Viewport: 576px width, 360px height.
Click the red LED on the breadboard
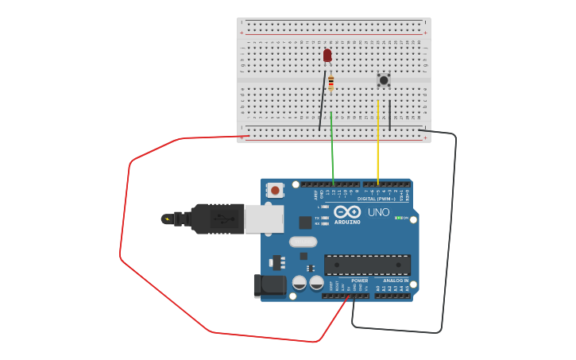pyautogui.click(x=327, y=55)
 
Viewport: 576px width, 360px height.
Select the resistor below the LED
pyautogui.click(x=331, y=82)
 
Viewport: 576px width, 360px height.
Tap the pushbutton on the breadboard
pyautogui.click(x=384, y=79)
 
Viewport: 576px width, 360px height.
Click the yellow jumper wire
pyautogui.click(x=378, y=143)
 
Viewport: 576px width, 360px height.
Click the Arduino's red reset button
pyautogui.click(x=275, y=190)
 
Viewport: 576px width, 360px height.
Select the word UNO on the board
pyautogui.click(x=379, y=212)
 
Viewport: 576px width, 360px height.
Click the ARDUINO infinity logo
pyautogui.click(x=347, y=212)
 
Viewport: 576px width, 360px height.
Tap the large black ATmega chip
pyautogui.click(x=367, y=265)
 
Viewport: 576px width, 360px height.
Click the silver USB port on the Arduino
pyautogui.click(x=264, y=219)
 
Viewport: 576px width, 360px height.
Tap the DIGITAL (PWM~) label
pyautogui.click(x=377, y=199)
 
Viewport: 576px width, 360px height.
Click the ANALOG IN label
pyautogui.click(x=395, y=281)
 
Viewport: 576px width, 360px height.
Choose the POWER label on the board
pyautogui.click(x=359, y=281)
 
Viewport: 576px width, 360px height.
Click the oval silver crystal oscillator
pyautogui.click(x=303, y=242)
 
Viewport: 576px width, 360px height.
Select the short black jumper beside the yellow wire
pyautogui.click(x=390, y=114)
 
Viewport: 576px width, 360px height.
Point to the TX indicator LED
pyautogui.click(x=325, y=218)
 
